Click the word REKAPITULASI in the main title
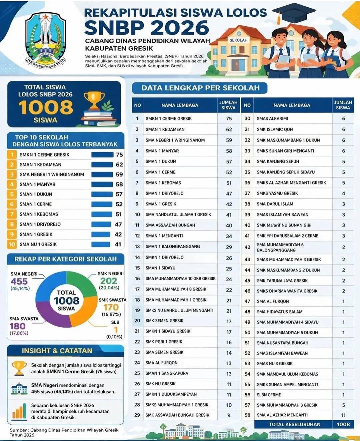pos(130,13)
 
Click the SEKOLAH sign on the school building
pos(238,40)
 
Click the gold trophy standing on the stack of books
pos(94,100)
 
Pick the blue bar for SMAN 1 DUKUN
pos(102,194)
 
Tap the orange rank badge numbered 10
pos(12,244)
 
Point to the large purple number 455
pos(19,282)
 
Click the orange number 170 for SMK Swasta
pos(111,307)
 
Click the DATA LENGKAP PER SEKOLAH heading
pos(200,88)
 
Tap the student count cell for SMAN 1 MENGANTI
pos(229,236)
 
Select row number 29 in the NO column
pos(137,415)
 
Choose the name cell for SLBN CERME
pos(269,395)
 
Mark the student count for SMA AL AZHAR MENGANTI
pos(343,415)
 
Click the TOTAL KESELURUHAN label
pos(295,424)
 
